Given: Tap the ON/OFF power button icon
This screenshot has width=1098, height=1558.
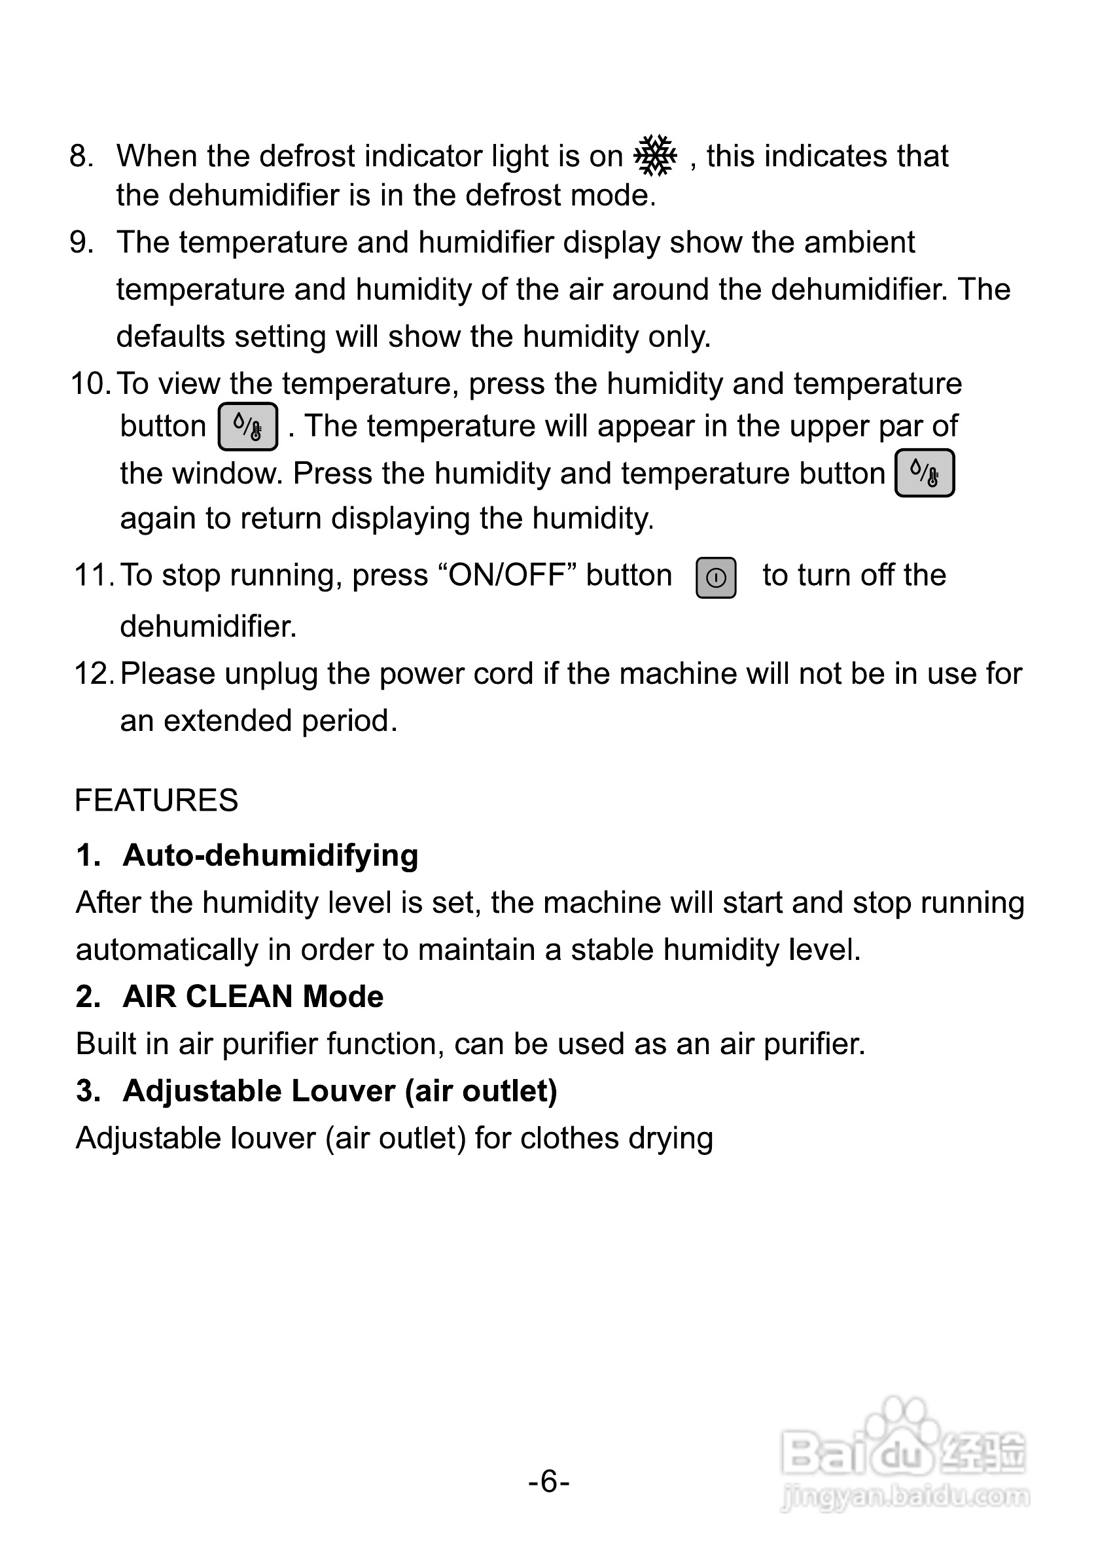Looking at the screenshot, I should [x=716, y=578].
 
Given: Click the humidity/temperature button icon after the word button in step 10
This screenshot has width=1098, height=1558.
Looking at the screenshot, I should [x=248, y=427].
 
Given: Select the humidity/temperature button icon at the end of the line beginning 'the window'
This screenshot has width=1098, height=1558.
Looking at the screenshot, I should [x=925, y=473].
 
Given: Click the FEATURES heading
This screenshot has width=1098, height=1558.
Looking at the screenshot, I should [x=156, y=801].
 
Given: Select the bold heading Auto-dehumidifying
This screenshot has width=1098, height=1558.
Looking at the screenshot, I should [x=270, y=855].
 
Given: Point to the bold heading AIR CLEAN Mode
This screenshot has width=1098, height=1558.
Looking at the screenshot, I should [x=253, y=997].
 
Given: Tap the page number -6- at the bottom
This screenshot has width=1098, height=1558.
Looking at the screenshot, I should [x=549, y=1481].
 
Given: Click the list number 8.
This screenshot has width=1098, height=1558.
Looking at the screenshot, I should [x=80, y=156].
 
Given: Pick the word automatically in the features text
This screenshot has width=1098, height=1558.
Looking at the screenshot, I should [x=167, y=950].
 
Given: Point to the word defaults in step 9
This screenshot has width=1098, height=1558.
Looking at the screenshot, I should [x=170, y=336].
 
